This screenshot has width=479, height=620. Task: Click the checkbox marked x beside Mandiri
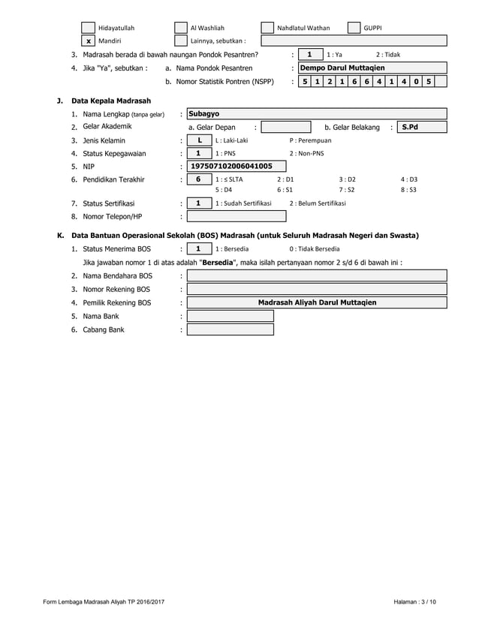[89, 41]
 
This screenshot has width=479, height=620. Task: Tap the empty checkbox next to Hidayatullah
[89, 28]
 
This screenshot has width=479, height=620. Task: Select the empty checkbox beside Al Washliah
[180, 28]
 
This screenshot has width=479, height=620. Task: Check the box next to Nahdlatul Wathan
[267, 28]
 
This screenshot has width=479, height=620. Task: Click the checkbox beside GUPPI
[354, 28]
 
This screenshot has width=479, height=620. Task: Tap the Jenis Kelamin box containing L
[199, 140]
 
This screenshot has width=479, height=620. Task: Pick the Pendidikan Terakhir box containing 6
[199, 180]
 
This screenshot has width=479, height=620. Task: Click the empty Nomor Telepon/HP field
[236, 216]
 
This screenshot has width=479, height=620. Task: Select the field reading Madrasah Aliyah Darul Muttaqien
[317, 302]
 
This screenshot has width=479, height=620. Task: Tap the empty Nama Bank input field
[230, 316]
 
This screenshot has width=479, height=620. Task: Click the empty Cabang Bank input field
[230, 330]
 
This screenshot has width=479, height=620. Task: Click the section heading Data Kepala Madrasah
[111, 101]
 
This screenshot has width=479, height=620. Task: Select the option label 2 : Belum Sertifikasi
[318, 203]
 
